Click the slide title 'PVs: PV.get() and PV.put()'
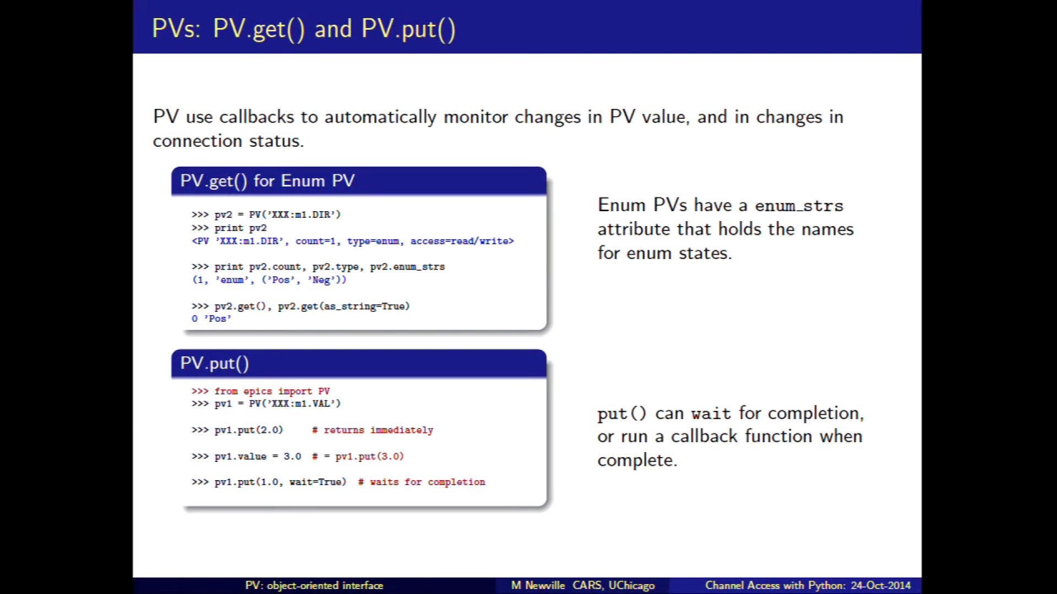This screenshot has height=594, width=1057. pyautogui.click(x=303, y=29)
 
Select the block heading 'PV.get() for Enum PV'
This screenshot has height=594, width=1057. pyautogui.click(x=268, y=181)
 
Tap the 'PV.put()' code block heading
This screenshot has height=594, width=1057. pyautogui.click(x=215, y=364)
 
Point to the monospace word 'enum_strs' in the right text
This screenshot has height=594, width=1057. pyautogui.click(x=799, y=206)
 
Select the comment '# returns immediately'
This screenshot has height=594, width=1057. pyautogui.click(x=373, y=430)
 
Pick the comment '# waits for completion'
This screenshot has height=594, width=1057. pyautogui.click(x=422, y=482)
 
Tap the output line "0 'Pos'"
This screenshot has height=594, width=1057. pyautogui.click(x=211, y=318)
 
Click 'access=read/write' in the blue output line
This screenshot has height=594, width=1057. pyautogui.click(x=462, y=241)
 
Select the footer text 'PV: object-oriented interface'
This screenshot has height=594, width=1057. pyautogui.click(x=314, y=586)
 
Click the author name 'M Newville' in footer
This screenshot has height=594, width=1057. pyautogui.click(x=538, y=586)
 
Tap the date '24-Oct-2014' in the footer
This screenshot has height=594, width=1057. pyautogui.click(x=881, y=586)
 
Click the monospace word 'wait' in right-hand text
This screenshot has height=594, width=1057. pyautogui.click(x=711, y=414)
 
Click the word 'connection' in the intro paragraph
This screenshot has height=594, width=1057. pyautogui.click(x=197, y=141)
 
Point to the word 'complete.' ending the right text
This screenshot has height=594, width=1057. pyautogui.click(x=638, y=460)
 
